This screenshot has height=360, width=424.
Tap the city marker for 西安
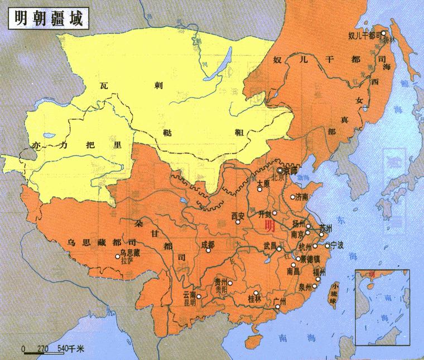pos(238,222)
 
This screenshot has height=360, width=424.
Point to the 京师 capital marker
pos(280,171)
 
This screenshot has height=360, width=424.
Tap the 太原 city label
pos(263,183)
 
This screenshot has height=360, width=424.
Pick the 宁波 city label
pos(337,245)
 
